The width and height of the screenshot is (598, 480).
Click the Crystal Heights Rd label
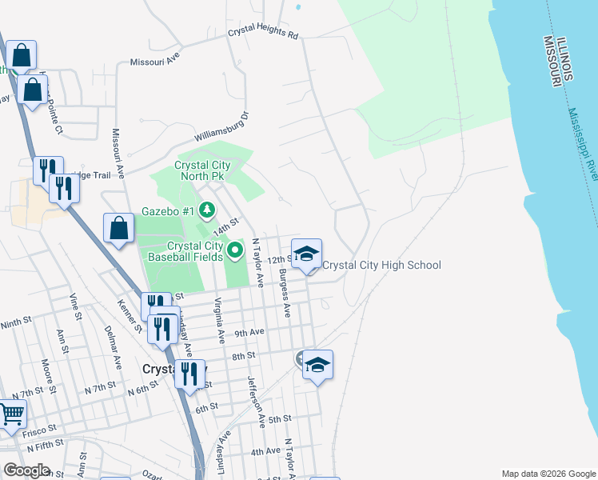pos(262,35)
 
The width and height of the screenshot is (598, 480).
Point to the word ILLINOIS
pos(566,58)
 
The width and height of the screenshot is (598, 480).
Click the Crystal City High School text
pos(381,265)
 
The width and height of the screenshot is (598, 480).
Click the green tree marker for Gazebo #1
pos(207,210)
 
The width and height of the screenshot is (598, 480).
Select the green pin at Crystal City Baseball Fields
pos(235,251)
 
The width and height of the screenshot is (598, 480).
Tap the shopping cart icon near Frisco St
pos(11,415)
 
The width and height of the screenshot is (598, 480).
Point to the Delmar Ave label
pos(113,346)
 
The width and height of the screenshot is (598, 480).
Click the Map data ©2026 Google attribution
pos(548,474)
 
